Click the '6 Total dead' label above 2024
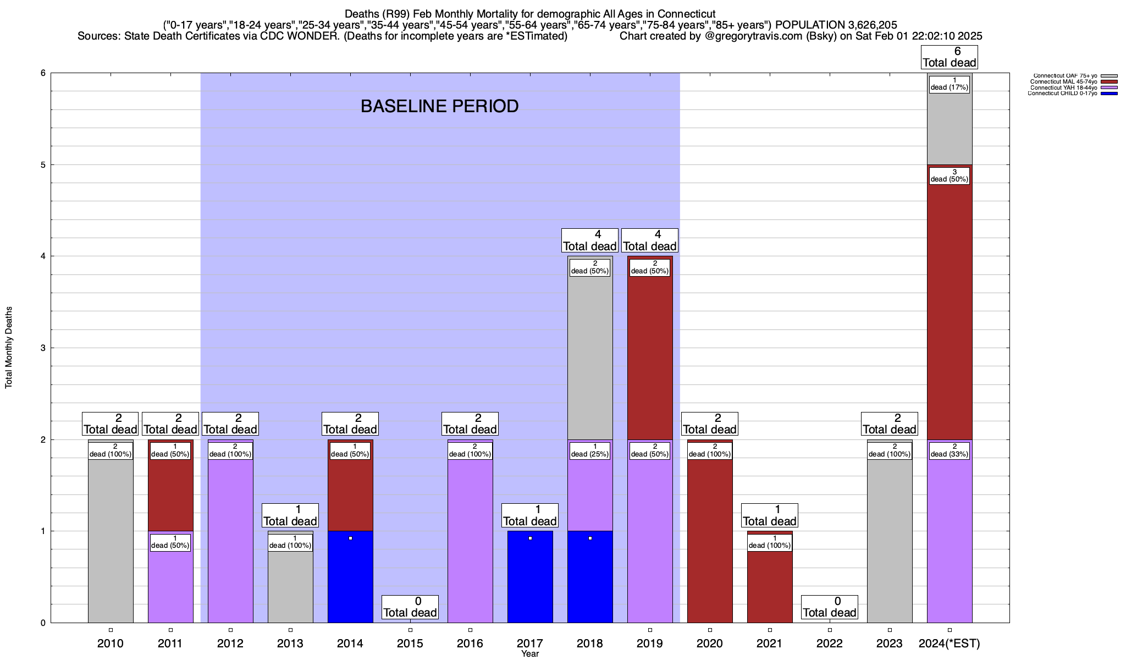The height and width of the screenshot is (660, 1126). pyautogui.click(x=950, y=57)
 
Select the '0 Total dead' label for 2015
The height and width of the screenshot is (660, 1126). pyautogui.click(x=410, y=607)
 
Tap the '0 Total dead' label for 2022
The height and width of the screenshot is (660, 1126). pyautogui.click(x=830, y=607)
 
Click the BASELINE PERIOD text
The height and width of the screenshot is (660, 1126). pyautogui.click(x=439, y=106)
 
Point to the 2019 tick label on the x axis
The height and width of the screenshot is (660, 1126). pyautogui.click(x=650, y=643)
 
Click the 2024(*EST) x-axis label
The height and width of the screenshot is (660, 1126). pyautogui.click(x=950, y=643)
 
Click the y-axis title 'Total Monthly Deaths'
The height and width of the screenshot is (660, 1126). pyautogui.click(x=9, y=348)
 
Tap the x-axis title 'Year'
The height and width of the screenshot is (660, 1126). pyautogui.click(x=530, y=654)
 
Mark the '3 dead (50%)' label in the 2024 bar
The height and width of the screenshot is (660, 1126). pyautogui.click(x=950, y=176)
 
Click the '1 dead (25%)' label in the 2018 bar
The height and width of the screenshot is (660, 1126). pyautogui.click(x=590, y=450)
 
